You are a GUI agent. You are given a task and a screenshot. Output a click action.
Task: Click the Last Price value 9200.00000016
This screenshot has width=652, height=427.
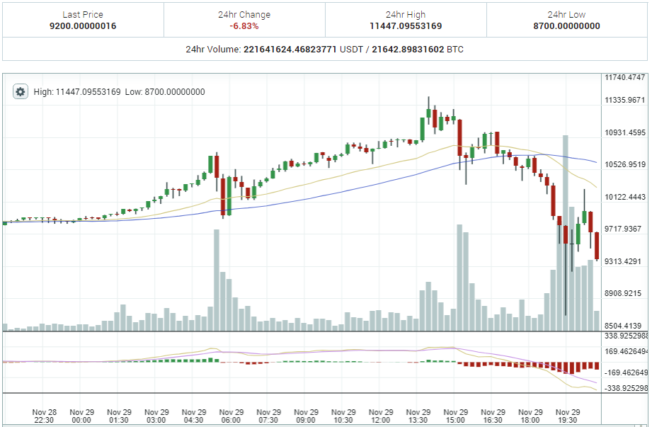pyautogui.click(x=82, y=26)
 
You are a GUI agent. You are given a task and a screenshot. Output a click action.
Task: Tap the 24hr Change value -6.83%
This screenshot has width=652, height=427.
pyautogui.click(x=244, y=26)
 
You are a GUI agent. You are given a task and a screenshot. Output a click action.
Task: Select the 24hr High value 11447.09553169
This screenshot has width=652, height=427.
pyautogui.click(x=406, y=26)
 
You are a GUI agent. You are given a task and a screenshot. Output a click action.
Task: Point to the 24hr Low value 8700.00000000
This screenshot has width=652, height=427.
pyautogui.click(x=566, y=26)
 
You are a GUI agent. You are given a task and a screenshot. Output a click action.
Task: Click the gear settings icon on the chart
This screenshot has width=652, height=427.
pyautogui.click(x=21, y=92)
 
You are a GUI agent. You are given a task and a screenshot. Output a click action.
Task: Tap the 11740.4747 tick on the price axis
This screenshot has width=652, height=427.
pyautogui.click(x=625, y=77)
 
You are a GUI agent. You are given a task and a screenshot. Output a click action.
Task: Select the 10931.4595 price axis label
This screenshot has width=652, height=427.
pyautogui.click(x=625, y=132)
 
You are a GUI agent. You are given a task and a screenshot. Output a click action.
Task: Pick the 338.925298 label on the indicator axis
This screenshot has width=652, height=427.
pyautogui.click(x=627, y=336)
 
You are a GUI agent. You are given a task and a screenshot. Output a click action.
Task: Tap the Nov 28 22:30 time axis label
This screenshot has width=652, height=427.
pyautogui.click(x=45, y=416)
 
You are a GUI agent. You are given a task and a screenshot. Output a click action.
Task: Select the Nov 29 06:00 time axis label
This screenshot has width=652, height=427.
pyautogui.click(x=231, y=416)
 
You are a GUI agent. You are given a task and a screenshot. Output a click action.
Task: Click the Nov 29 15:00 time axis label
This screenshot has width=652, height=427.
pyautogui.click(x=455, y=416)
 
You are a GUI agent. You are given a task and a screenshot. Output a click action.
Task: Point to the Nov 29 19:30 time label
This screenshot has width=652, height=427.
pyautogui.click(x=568, y=416)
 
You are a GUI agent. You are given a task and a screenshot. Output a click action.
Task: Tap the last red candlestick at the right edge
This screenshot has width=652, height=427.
pyautogui.click(x=597, y=246)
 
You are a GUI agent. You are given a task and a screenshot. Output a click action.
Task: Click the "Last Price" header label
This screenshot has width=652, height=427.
pyautogui.click(x=82, y=14)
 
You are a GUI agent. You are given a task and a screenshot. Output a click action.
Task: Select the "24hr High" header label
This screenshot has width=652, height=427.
pyautogui.click(x=406, y=14)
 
